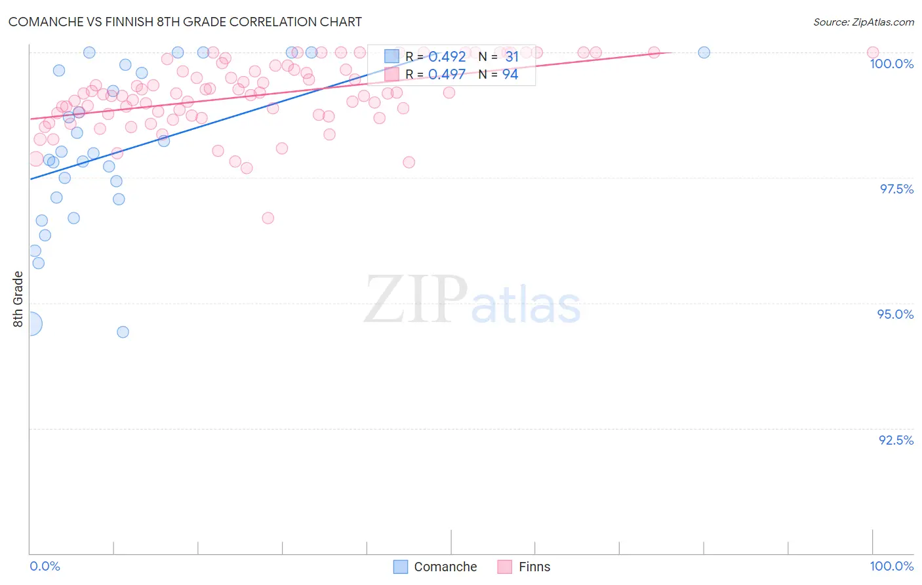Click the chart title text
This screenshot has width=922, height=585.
coord(185,22)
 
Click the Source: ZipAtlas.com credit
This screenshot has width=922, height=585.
coord(863,22)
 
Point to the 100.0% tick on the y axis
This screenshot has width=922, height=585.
coord(891,64)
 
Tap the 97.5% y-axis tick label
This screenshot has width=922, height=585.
coord(896,189)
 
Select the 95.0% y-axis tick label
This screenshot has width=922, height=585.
coord(895,314)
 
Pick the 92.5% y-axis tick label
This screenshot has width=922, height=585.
coord(896,440)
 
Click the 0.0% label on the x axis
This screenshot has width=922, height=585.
coord(45,566)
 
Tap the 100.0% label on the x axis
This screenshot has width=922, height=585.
coord(891,566)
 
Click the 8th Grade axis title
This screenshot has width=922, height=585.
coord(18,299)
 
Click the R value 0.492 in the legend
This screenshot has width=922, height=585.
coord(447,57)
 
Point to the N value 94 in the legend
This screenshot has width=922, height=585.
coord(510,75)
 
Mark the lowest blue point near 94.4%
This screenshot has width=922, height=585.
coord(123,332)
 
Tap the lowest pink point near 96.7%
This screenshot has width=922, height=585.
coord(268,218)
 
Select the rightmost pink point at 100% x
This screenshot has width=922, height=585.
coord(872,52)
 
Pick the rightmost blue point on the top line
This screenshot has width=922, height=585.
coord(704,52)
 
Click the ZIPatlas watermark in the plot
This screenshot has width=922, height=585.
coord(472,300)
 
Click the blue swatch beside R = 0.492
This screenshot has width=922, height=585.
coord(391,56)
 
